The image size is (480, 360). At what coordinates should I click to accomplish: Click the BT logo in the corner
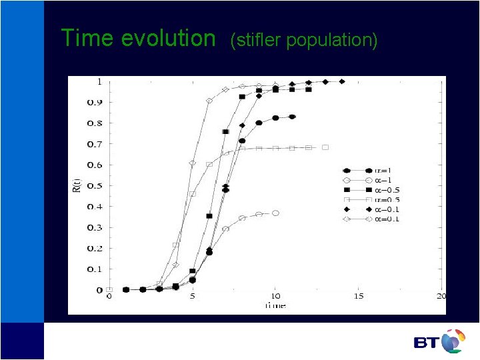(439, 341)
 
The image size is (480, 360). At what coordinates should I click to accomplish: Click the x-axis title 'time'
(275, 305)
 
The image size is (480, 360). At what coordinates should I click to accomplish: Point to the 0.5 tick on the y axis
(97, 185)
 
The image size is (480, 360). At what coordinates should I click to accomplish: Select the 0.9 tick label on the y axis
(97, 102)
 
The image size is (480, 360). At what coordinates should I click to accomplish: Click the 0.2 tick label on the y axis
(97, 248)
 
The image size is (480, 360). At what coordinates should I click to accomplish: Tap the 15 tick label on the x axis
(359, 296)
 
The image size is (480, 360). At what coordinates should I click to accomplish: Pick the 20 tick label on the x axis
(441, 296)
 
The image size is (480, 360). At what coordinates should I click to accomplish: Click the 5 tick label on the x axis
(193, 296)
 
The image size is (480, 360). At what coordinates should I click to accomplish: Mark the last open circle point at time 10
(275, 213)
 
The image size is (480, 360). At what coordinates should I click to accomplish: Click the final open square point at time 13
(325, 147)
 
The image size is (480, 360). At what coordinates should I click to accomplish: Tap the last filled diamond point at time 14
(342, 81)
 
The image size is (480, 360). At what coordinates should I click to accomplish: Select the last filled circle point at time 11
(292, 117)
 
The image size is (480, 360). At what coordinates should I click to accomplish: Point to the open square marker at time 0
(109, 290)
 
